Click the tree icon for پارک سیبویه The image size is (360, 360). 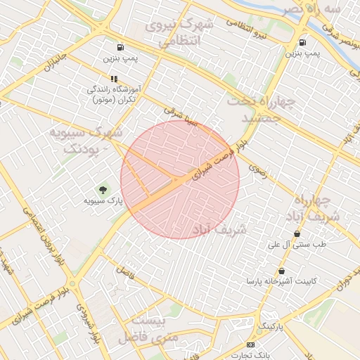click(x=103, y=189)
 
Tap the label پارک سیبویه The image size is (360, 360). click(x=103, y=201)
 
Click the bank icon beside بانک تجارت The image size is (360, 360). click(x=251, y=345)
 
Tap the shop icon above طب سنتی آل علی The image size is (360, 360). click(x=297, y=234)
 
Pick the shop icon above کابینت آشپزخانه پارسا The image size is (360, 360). click(x=281, y=271)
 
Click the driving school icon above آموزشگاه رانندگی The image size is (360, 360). click(x=113, y=79)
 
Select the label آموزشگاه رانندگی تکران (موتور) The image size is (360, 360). click(x=113, y=95)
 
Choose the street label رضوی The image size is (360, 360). click(x=259, y=170)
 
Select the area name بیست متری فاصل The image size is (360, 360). click(x=155, y=329)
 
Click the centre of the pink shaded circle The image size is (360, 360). click(x=180, y=180)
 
